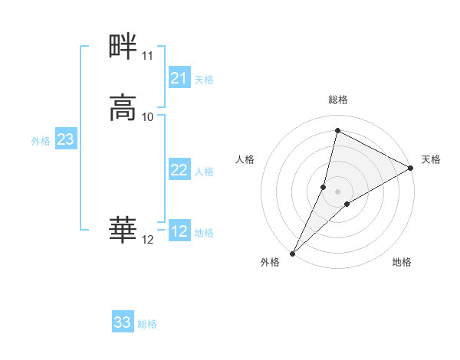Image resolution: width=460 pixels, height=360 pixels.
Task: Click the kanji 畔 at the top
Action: click(123, 47)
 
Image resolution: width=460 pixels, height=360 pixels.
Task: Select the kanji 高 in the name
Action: click(123, 107)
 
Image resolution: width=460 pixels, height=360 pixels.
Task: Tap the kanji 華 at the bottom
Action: click(123, 229)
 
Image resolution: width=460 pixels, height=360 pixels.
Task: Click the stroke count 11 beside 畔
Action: click(147, 56)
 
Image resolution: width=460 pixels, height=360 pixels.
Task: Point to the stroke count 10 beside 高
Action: click(148, 116)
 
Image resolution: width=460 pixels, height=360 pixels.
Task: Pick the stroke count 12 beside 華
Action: click(148, 240)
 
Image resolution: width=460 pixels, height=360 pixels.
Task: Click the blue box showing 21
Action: click(179, 78)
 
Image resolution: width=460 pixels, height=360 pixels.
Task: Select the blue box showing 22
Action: click(179, 171)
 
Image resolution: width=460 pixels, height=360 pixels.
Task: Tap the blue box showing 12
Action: click(179, 232)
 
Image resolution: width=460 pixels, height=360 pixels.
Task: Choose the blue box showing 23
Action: click(66, 139)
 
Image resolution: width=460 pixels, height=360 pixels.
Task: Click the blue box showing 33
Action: click(123, 322)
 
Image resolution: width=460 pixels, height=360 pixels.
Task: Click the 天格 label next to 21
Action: click(204, 79)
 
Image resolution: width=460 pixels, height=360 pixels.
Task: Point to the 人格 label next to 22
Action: click(204, 172)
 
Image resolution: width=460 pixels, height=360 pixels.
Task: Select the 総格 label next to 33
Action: click(147, 324)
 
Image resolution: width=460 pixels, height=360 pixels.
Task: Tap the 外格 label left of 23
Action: click(41, 141)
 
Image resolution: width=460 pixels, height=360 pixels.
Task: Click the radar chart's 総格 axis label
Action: click(338, 100)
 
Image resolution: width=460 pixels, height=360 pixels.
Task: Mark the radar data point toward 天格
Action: click(411, 169)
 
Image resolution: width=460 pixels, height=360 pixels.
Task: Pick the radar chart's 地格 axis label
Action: click(402, 262)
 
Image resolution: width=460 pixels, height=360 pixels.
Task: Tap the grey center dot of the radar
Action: click(338, 191)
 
